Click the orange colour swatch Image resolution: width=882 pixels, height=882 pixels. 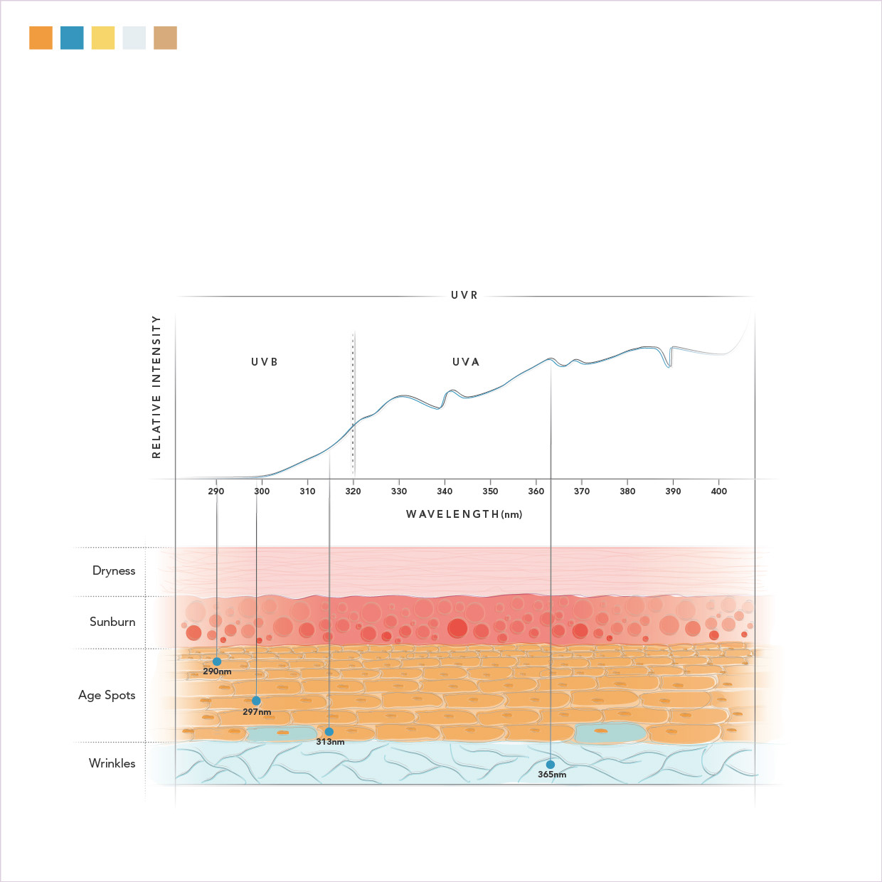pos(41,38)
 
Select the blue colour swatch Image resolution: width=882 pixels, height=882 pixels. pos(72,38)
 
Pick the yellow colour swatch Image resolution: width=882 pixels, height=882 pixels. pos(103,38)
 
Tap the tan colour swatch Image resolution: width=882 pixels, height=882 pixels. pos(165,38)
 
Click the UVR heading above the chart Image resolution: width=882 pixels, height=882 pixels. pos(464,295)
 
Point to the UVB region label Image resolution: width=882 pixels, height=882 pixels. pos(265,362)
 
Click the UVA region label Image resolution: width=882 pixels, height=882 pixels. pos(466,362)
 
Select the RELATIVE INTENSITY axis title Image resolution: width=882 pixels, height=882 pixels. pos(156,387)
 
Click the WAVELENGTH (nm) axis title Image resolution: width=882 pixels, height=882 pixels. pos(464,514)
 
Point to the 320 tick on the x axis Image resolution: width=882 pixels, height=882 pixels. pos(353,491)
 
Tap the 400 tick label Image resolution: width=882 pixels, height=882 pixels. pos(719,491)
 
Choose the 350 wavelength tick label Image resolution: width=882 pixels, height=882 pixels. pos(490,491)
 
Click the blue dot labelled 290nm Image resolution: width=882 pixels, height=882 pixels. pos(217,661)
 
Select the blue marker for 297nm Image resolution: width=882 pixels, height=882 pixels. pos(256,701)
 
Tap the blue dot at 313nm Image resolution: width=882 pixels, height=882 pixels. pos(329,731)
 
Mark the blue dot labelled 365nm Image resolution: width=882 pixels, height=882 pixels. pos(550,765)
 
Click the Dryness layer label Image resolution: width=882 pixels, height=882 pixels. pos(114,570)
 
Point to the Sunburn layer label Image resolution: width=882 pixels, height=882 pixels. pos(112,622)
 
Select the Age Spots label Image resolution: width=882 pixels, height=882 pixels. pos(107,695)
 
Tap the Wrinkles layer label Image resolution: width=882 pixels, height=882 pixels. pos(112,763)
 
